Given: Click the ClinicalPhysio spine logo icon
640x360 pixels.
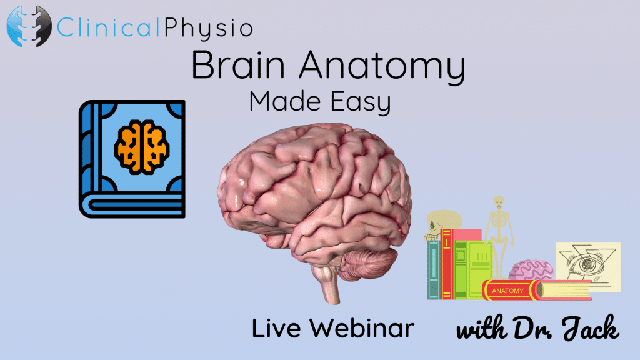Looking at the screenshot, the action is tap(29, 26).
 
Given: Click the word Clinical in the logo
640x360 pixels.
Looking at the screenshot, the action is tap(108, 28).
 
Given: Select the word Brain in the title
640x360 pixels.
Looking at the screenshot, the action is tap(238, 64).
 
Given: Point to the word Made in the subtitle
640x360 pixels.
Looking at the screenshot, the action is tap(285, 101).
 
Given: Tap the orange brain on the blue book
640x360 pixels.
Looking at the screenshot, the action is tap(142, 146).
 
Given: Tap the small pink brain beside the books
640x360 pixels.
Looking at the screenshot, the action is tap(531, 270).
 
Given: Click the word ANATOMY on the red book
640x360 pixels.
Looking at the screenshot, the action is tap(507, 291).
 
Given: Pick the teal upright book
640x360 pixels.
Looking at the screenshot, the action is tap(434, 270).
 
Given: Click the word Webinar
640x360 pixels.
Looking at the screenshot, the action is tap(362, 328).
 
